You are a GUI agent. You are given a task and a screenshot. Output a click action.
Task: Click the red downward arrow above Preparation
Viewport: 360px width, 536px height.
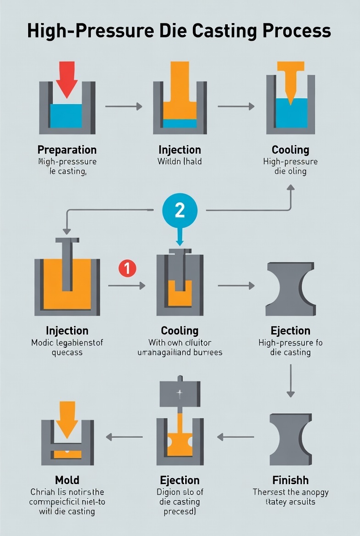pos(67,79)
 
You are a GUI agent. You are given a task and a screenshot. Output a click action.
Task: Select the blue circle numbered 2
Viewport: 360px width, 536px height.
pos(180,210)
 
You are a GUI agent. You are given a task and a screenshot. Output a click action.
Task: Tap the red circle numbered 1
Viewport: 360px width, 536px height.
pos(127,268)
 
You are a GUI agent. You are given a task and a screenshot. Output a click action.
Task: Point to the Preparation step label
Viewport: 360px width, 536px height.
pos(67,150)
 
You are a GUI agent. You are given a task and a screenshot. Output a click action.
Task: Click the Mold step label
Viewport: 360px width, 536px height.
pos(67,480)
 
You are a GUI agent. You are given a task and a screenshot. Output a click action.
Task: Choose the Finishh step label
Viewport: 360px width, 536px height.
pos(290,480)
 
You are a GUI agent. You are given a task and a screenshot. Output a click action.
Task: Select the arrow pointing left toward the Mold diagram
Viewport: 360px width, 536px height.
pos(124,437)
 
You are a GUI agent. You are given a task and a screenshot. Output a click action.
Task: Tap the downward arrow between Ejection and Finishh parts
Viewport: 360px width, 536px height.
pos(290,380)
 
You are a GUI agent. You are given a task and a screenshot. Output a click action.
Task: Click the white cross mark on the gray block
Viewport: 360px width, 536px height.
pos(180,393)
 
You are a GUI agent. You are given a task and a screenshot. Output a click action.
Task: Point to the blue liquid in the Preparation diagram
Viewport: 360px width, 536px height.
pos(66,115)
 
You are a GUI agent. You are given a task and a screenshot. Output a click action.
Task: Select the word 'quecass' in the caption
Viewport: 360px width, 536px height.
pos(67,352)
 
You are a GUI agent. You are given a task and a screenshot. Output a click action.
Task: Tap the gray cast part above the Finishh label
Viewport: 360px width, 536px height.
pos(290,439)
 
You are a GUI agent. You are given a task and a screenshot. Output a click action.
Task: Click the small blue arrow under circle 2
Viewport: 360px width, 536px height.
pos(180,237)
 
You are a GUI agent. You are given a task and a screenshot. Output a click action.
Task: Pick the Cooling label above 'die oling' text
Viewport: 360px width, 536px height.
pos(290,150)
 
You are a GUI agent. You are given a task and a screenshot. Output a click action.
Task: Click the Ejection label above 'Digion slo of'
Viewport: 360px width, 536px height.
pos(180,480)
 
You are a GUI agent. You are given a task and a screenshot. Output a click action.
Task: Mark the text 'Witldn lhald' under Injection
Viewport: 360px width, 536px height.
pos(180,162)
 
